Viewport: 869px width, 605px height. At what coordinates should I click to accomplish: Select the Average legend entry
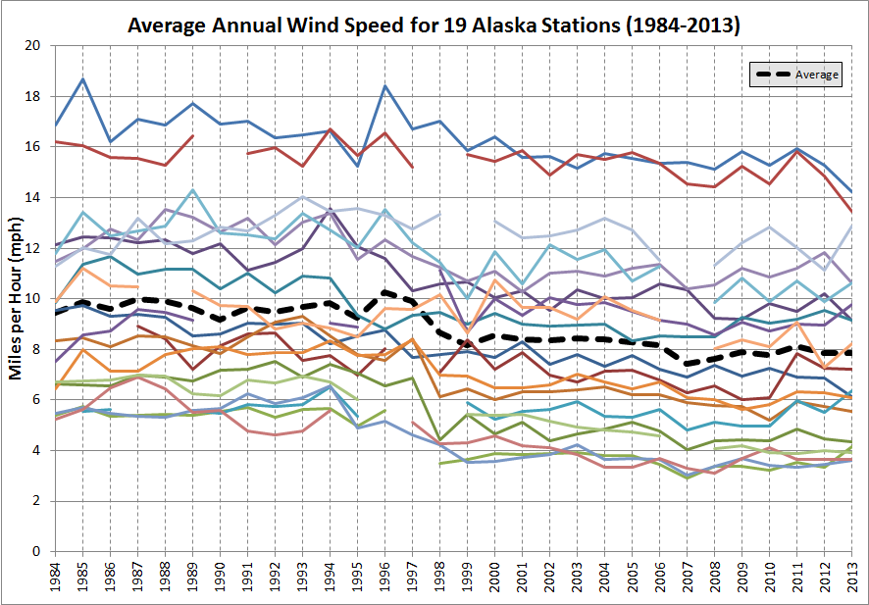(x=796, y=75)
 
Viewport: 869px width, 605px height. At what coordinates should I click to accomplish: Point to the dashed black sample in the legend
(x=771, y=75)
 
